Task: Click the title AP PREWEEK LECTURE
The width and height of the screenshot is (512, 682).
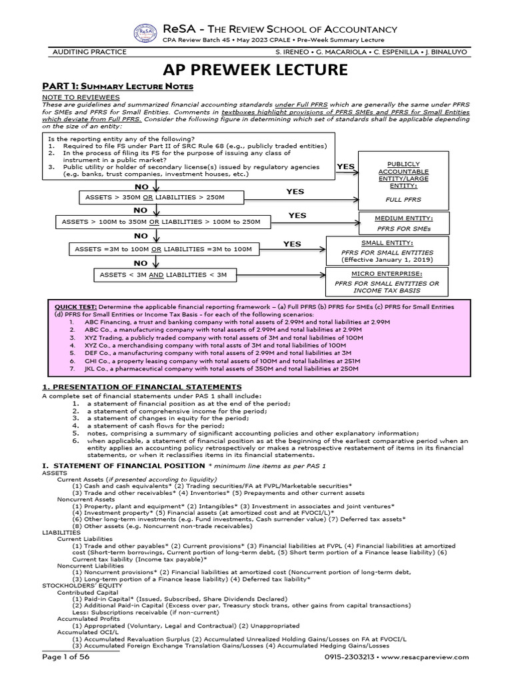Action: (x=255, y=70)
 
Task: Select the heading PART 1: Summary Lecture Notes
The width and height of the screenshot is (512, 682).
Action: (x=118, y=87)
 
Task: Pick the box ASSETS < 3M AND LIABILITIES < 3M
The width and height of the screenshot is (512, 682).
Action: (x=163, y=274)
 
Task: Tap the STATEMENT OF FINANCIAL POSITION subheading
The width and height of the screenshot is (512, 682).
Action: (x=121, y=465)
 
